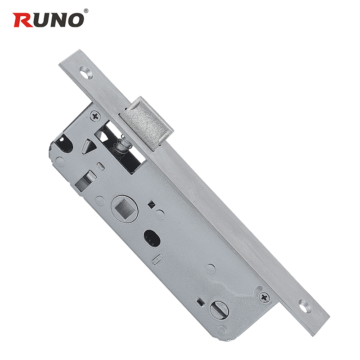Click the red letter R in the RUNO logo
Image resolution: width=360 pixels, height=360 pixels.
[x=22, y=19]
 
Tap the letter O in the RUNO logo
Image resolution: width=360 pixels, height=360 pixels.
[x=74, y=19]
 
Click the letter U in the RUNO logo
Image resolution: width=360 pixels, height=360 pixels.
[x=40, y=19]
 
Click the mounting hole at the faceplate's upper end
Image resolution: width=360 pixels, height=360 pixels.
[x=85, y=72]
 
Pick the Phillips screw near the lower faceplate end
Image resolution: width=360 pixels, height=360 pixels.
[x=264, y=297]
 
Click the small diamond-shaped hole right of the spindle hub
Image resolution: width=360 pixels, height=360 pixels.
[x=152, y=204]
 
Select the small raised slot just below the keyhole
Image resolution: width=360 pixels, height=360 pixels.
[x=158, y=260]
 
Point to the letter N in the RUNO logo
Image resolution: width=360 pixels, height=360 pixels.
[x=57, y=19]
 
